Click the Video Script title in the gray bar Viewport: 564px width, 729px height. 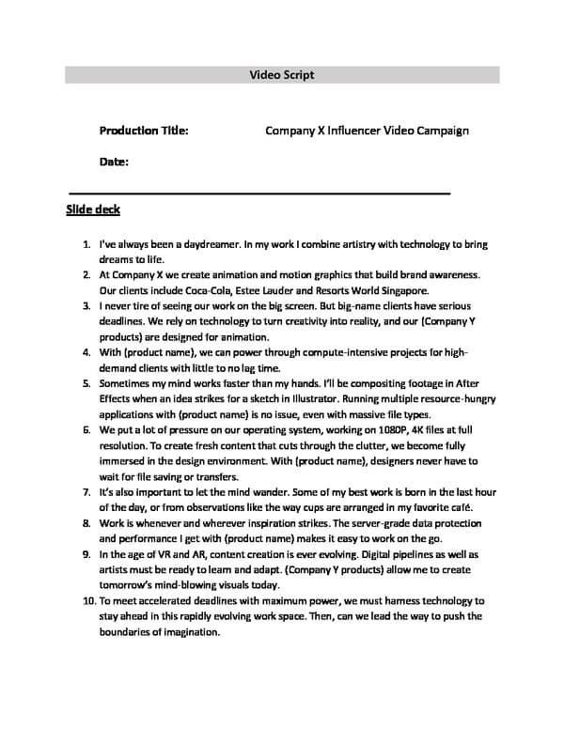tap(282, 74)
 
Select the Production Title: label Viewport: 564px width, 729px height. tap(143, 131)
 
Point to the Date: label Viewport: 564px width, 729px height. tap(114, 162)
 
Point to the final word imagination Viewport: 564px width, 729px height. tap(188, 632)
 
